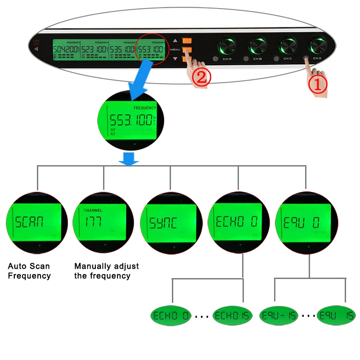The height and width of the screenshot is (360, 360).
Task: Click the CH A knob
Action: click(x=228, y=46)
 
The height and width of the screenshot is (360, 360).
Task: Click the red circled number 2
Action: click(x=202, y=77)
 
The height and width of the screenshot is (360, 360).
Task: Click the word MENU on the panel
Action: click(x=175, y=49)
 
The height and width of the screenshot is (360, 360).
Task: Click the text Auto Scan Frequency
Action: click(x=29, y=271)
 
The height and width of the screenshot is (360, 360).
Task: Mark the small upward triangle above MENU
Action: click(x=175, y=40)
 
